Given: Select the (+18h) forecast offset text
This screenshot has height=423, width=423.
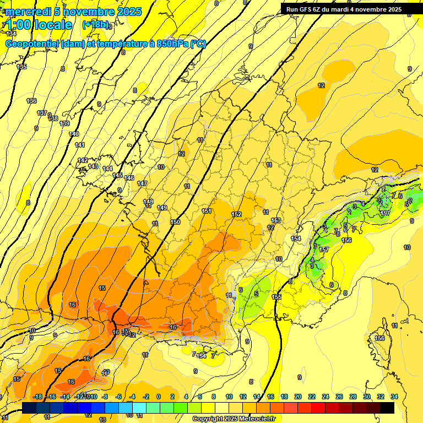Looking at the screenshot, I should pyautogui.click(x=95, y=25).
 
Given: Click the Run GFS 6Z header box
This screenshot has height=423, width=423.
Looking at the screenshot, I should pyautogui.click(x=344, y=9).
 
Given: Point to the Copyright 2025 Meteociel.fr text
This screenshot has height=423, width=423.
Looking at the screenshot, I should pyautogui.click(x=234, y=419).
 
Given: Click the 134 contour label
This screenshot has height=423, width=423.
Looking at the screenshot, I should pyautogui.click(x=12, y=34).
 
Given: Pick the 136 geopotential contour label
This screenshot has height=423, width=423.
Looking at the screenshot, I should pyautogui.click(x=31, y=101).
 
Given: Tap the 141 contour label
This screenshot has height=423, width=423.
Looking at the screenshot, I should pyautogui.click(x=80, y=145).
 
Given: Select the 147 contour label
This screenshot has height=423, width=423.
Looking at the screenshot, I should pyautogui.click(x=142, y=183).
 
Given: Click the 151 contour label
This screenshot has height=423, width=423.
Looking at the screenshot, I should pyautogui.click(x=207, y=211).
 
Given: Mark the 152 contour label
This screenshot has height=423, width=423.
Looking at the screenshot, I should pyautogui.click(x=237, y=214).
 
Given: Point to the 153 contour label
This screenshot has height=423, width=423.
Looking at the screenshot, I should pyautogui.click(x=276, y=220).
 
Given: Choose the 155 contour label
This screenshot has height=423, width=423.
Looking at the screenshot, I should pyautogui.click(x=277, y=297).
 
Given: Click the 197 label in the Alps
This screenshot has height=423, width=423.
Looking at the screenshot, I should pyautogui.click(x=385, y=213).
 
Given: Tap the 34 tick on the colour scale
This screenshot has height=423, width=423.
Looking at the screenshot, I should pyautogui.click(x=394, y=397).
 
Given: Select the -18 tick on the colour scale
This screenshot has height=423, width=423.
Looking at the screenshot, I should pyautogui.click(x=37, y=397).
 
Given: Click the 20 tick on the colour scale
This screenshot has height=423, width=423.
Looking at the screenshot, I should pyautogui.click(x=298, y=397).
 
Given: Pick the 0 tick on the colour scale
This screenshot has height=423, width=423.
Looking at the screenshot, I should pyautogui.click(x=159, y=397).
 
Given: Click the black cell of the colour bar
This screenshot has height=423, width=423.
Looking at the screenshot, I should pyautogui.click(x=387, y=408).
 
